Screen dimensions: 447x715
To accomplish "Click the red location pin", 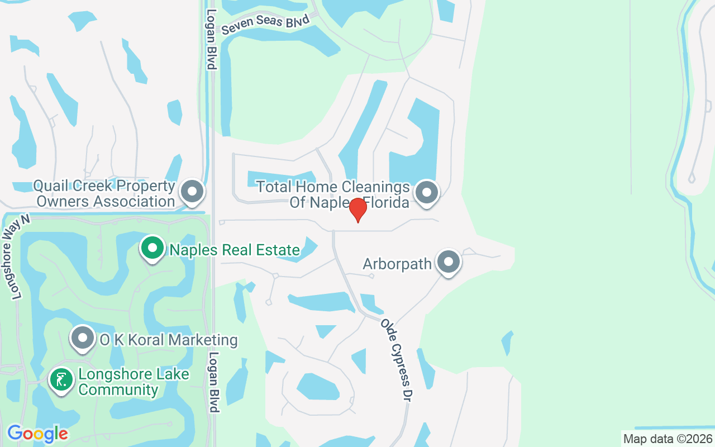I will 357,210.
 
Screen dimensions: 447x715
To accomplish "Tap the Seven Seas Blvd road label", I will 265,24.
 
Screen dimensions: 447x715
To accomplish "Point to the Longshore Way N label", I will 16,258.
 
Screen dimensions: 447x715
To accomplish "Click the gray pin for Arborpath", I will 448,261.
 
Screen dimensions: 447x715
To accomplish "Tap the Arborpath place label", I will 397,263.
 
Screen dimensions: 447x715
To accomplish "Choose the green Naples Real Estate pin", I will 152,248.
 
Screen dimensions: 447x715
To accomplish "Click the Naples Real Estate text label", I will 235,250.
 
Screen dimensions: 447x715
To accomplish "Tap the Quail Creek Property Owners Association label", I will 104,193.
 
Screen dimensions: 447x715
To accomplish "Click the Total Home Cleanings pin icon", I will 427,192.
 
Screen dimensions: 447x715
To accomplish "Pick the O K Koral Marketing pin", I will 83,338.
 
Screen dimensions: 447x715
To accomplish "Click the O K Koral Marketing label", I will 169,340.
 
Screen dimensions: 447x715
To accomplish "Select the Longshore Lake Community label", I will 134,382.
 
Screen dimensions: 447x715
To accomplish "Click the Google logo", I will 37,434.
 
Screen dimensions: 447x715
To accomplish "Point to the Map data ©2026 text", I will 668,439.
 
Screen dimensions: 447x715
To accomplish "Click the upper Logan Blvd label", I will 211,39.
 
